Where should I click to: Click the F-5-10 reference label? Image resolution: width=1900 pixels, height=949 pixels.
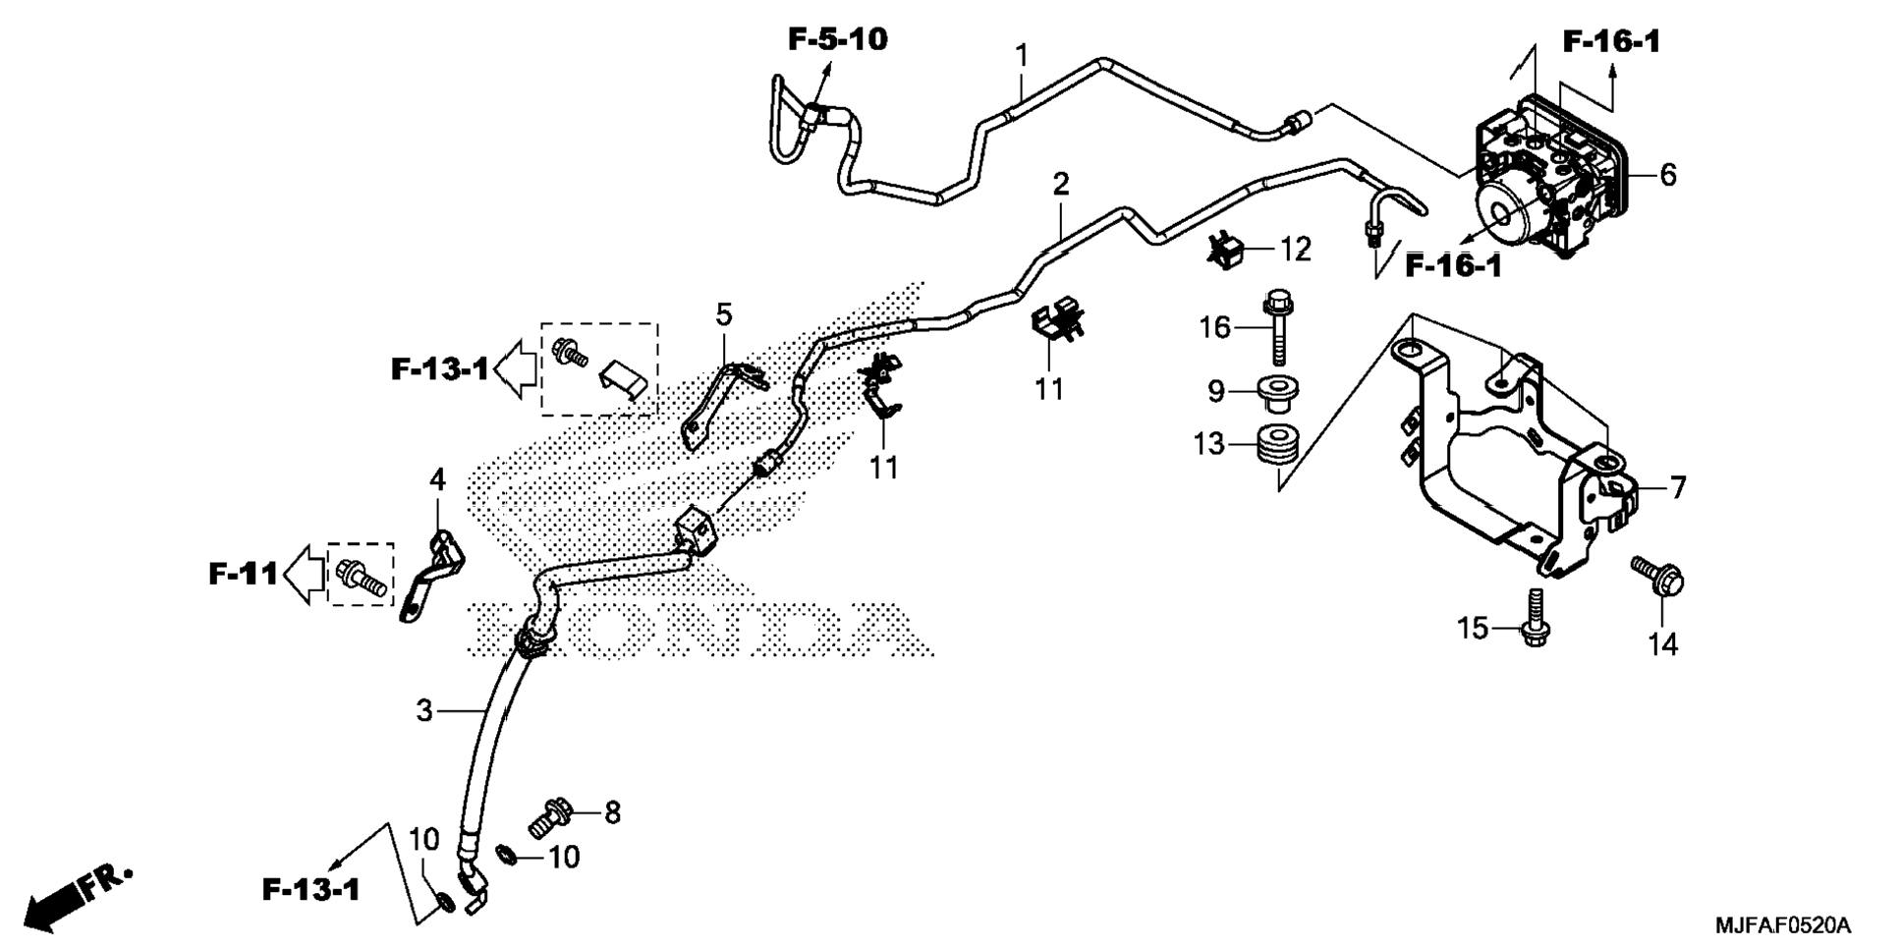(x=837, y=39)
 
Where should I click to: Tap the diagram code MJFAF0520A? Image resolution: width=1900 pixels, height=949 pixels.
(x=1782, y=924)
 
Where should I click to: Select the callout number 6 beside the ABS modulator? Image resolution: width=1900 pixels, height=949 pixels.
(x=1667, y=175)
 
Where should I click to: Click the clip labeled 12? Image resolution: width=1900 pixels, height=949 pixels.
(x=1226, y=251)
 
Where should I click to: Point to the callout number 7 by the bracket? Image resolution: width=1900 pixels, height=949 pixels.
(x=1677, y=487)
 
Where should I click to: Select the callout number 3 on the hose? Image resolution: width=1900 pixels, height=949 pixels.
(x=423, y=710)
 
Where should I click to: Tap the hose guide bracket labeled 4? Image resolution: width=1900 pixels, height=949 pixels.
(x=431, y=575)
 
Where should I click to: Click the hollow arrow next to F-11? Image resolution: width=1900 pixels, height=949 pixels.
(x=305, y=573)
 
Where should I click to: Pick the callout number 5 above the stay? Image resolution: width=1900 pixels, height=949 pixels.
(x=723, y=315)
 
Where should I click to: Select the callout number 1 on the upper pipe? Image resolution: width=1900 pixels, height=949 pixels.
(x=1022, y=54)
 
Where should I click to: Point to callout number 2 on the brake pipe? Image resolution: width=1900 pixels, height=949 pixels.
(x=1061, y=184)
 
